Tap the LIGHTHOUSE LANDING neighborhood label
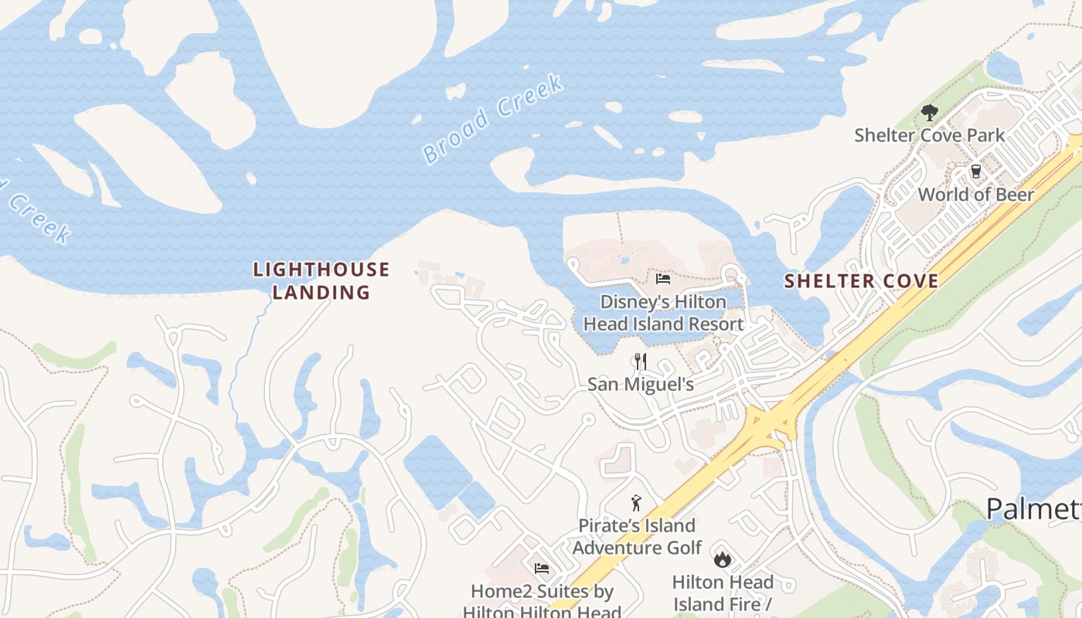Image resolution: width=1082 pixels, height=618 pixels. coord(322,280)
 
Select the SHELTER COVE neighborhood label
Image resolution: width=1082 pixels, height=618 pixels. coord(861,280)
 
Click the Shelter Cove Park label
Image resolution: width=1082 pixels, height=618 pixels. coord(929,135)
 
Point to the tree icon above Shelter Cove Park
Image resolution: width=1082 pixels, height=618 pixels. coord(929,113)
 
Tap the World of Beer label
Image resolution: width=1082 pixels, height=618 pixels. coord(975,195)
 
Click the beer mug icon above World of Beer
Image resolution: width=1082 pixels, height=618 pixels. coord(975,171)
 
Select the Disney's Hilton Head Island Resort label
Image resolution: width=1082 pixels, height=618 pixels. coord(663,313)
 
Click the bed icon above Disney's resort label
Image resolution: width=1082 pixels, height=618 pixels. coord(662,279)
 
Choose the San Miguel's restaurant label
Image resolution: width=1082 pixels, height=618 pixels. coord(640,384)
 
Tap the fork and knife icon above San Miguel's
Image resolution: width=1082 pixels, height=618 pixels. coord(640,361)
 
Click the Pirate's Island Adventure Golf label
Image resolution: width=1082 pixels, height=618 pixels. coord(637,537)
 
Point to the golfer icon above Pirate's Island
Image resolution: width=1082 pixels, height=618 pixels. coord(636,504)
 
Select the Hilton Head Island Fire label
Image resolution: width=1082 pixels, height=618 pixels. coord(723,593)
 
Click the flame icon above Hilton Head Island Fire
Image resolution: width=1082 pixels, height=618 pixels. coord(723,559)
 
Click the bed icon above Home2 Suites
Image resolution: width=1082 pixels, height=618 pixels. coord(542,569)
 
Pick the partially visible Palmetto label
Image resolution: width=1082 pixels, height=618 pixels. coord(1033,509)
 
